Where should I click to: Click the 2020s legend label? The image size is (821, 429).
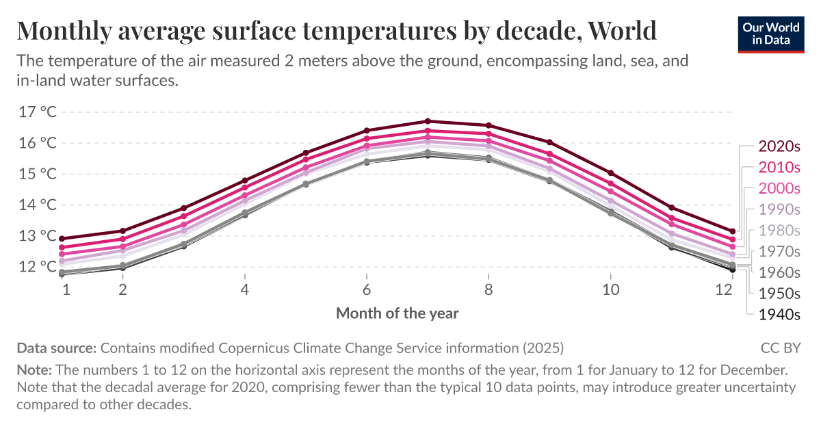(779, 146)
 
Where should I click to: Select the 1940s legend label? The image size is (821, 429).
(779, 315)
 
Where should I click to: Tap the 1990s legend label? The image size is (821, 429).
(779, 209)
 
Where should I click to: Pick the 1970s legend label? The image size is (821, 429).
(779, 251)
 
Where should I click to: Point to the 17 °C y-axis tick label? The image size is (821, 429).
(38, 112)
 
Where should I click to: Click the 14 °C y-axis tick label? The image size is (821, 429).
(38, 205)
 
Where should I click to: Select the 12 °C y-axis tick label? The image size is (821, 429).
(38, 267)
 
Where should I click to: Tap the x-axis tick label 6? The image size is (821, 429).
(367, 289)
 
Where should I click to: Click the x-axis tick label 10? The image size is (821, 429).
(610, 289)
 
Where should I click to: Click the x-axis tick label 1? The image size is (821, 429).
(66, 289)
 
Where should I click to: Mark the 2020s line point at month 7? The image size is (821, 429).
(428, 121)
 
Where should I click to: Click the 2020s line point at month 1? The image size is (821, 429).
(62, 239)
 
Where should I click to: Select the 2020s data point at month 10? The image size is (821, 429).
(610, 173)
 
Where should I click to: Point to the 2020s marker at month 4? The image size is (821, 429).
(245, 181)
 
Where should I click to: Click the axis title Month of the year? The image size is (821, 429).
(397, 313)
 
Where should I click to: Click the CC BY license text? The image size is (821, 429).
(780, 348)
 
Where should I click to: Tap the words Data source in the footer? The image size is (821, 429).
(56, 348)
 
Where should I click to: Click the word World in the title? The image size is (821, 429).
(622, 31)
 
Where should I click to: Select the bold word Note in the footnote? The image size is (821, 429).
(33, 370)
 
